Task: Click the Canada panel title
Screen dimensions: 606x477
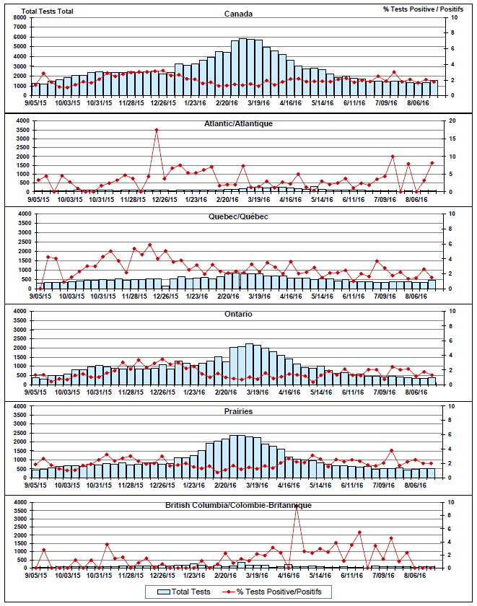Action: coord(238,13)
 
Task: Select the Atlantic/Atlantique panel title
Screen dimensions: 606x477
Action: coord(238,123)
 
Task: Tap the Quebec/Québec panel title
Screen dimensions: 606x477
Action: coord(238,216)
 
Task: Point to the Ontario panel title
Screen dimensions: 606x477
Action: coord(238,314)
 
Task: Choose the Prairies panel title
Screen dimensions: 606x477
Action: coord(238,410)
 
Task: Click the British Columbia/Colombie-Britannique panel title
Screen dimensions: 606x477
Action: coord(238,504)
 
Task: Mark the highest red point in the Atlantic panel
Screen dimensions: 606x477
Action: coord(157,131)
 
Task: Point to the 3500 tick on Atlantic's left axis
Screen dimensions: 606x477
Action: coord(22,130)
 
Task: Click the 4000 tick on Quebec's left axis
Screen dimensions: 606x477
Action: coord(22,214)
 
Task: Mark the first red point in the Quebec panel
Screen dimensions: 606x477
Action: coord(40,288)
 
